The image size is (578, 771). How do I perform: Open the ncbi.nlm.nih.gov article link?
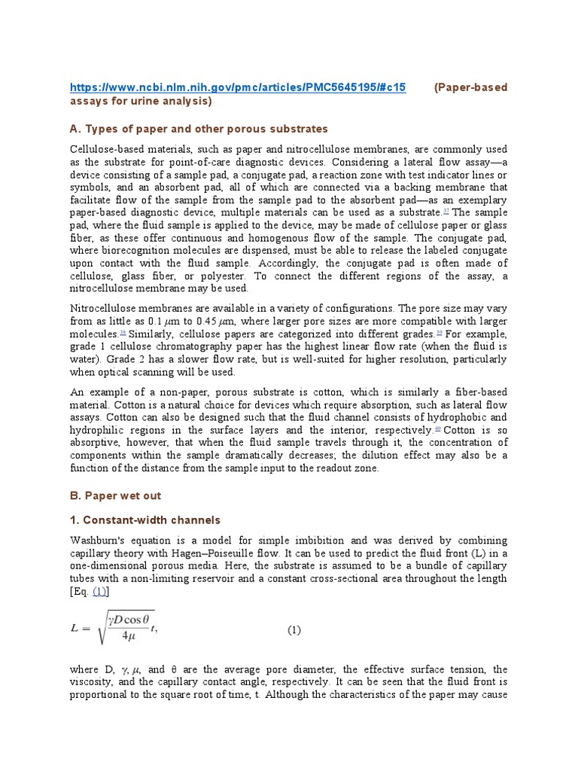tap(238, 87)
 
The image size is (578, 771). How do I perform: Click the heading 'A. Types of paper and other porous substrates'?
tap(199, 129)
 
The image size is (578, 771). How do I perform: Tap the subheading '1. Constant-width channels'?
tap(145, 520)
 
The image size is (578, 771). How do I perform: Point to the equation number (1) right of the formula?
tap(294, 631)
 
